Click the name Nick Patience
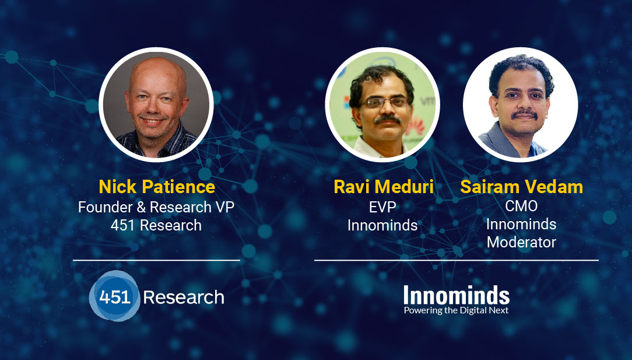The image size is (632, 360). (157, 187)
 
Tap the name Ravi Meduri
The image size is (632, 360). (383, 187)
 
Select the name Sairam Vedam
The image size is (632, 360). (521, 187)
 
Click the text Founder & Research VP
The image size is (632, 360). (156, 207)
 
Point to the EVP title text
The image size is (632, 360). (382, 207)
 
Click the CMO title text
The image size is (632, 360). (521, 206)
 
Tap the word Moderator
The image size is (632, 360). (521, 242)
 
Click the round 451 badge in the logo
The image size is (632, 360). (114, 296)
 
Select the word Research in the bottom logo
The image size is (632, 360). (184, 298)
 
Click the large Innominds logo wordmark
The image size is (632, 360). (457, 295)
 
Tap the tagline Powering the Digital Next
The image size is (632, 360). (457, 310)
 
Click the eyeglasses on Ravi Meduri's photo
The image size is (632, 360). (384, 102)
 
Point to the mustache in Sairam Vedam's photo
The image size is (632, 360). (524, 114)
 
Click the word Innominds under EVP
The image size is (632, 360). (382, 225)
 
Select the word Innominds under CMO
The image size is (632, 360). (521, 224)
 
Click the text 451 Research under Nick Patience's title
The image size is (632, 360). (156, 225)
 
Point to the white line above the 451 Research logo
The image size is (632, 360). (156, 260)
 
